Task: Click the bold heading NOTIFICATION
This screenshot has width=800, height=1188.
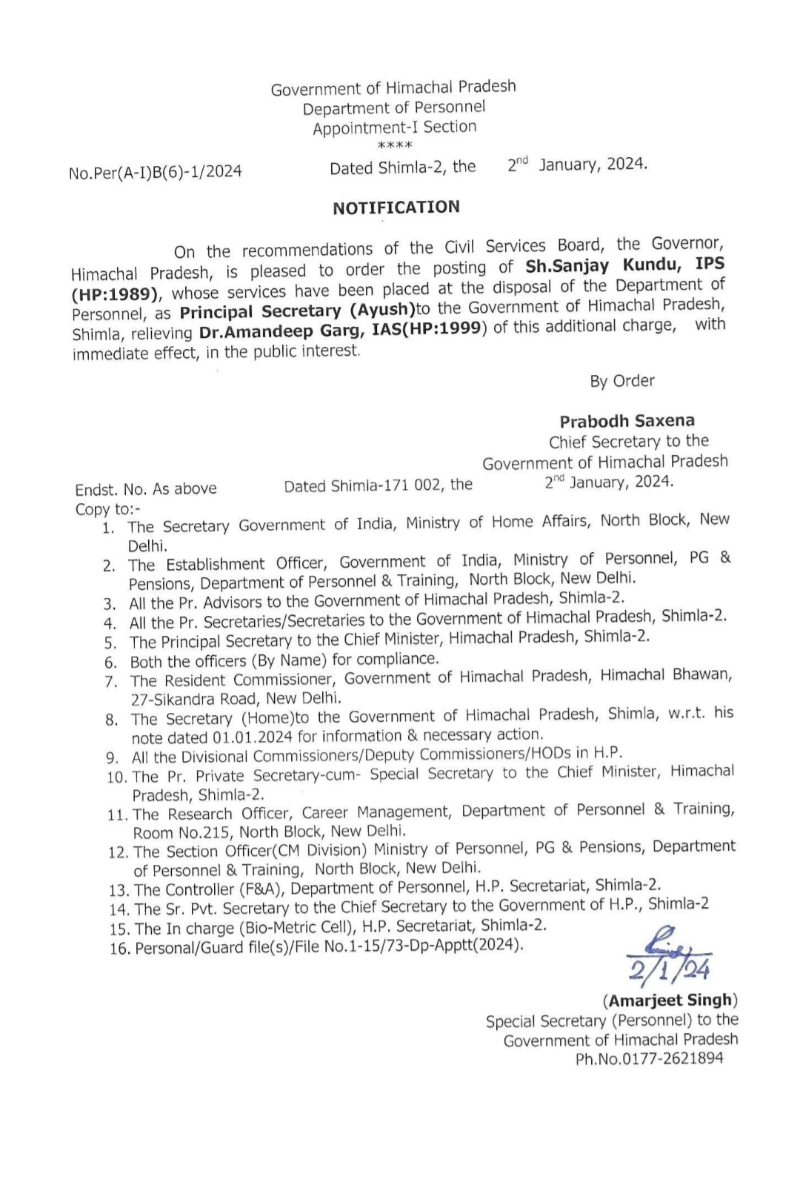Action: pyautogui.click(x=396, y=208)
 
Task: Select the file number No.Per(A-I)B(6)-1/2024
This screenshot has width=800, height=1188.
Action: pyautogui.click(x=156, y=172)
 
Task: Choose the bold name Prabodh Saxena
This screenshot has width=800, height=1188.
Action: pyautogui.click(x=627, y=422)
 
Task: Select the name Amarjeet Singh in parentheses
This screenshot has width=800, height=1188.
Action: pyautogui.click(x=670, y=1000)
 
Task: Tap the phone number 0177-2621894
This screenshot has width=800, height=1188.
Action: pyautogui.click(x=673, y=1058)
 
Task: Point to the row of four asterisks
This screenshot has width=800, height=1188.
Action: pyautogui.click(x=394, y=145)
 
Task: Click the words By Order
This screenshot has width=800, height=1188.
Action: pyautogui.click(x=622, y=381)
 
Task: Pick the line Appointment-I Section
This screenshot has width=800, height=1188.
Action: pyautogui.click(x=394, y=127)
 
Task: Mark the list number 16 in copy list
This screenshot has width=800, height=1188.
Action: pyautogui.click(x=119, y=949)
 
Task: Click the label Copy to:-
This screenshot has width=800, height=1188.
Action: pyautogui.click(x=107, y=509)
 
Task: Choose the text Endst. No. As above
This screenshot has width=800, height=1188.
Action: pyautogui.click(x=146, y=489)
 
